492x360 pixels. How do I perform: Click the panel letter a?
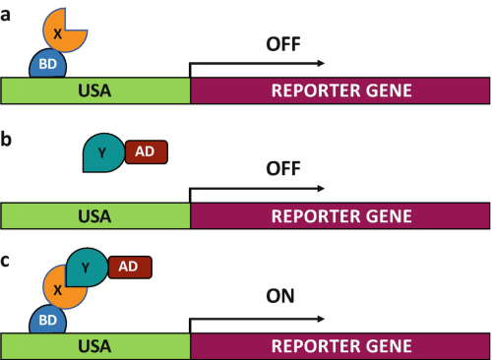[x=5, y=15]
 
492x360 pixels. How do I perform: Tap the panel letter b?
[x=6, y=139]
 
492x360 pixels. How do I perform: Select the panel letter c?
[x=5, y=262]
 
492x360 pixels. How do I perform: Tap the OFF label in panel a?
[x=283, y=44]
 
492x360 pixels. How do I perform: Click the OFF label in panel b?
[x=283, y=168]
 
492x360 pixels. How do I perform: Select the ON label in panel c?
[x=280, y=296]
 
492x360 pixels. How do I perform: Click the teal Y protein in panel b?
[x=103, y=152]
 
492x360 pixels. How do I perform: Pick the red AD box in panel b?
[x=147, y=151]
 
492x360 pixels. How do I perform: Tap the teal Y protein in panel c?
[x=87, y=268]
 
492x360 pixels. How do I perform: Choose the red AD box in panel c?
[x=130, y=268]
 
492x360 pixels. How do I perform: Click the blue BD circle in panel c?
[x=47, y=321]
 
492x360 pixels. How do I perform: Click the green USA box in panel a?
[x=95, y=90]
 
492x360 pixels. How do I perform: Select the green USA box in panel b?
[x=95, y=215]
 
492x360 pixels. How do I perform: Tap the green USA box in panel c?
[x=95, y=346]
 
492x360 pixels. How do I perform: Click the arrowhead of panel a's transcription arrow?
[x=321, y=63]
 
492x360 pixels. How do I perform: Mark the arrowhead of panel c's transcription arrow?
[x=321, y=319]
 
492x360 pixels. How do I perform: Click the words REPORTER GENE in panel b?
[x=341, y=216]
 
